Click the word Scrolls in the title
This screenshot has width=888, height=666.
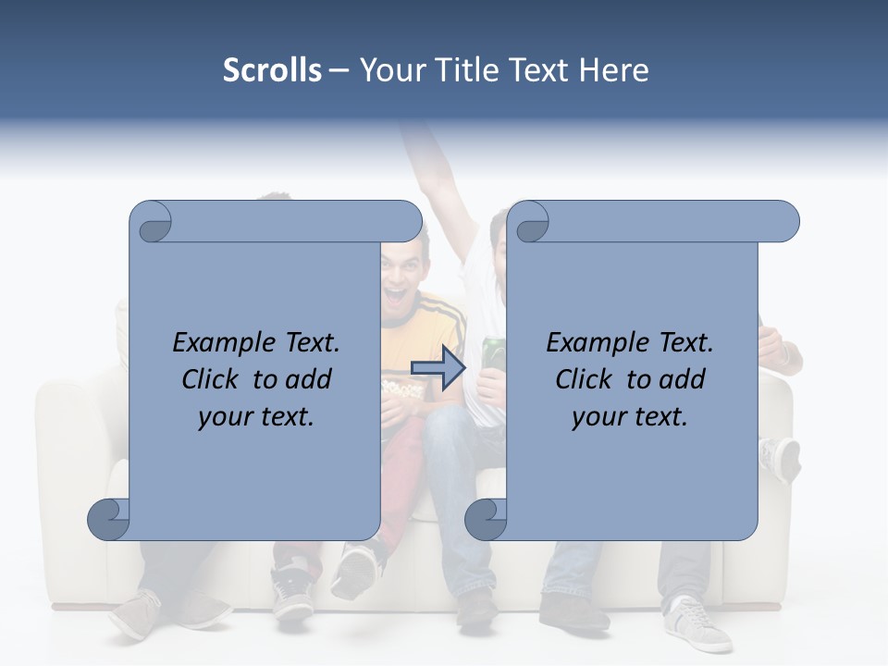pyautogui.click(x=272, y=70)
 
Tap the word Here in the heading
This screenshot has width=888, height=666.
pyautogui.click(x=614, y=70)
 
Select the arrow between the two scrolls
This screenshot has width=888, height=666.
pyautogui.click(x=437, y=368)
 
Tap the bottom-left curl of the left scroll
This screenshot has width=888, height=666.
pyautogui.click(x=107, y=519)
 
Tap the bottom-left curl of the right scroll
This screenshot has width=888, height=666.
pyautogui.click(x=484, y=519)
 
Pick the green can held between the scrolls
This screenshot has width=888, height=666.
pyautogui.click(x=492, y=357)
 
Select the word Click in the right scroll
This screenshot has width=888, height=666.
pyautogui.click(x=586, y=379)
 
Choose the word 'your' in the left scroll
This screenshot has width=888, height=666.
pyautogui.click(x=223, y=417)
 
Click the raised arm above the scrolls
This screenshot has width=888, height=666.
pyautogui.click(x=443, y=176)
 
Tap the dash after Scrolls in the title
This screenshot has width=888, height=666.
pyautogui.click(x=339, y=70)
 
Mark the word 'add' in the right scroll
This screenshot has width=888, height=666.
pyautogui.click(x=683, y=379)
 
